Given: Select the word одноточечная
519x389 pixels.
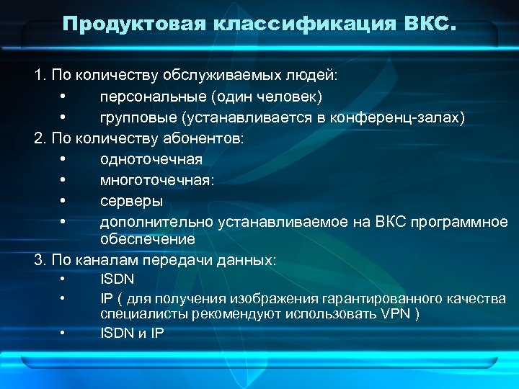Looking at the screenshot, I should [x=151, y=158].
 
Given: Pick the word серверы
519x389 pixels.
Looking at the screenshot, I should [x=131, y=200].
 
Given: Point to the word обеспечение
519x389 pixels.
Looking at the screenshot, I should [x=147, y=238].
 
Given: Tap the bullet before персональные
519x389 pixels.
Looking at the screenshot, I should [x=64, y=96].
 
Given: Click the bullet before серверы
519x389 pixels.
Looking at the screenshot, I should [x=64, y=200].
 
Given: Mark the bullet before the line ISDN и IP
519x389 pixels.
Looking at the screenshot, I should [x=64, y=332].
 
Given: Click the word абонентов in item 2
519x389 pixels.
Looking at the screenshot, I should [x=209, y=138].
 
